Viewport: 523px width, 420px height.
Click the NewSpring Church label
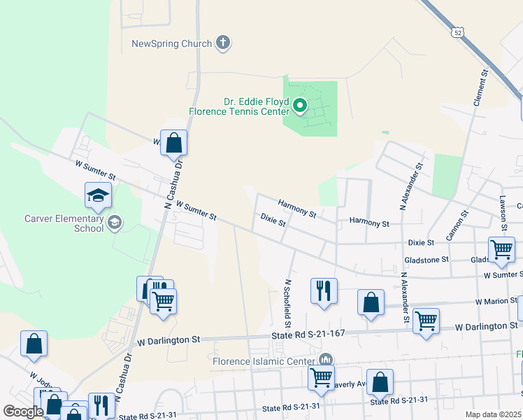click(x=171, y=44)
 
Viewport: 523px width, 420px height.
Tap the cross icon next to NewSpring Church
click(x=223, y=43)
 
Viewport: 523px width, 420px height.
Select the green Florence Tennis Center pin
click(x=300, y=106)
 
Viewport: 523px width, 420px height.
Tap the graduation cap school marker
click(x=98, y=197)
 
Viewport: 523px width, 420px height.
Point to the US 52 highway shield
click(x=457, y=32)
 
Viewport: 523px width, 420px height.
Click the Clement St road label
click(x=480, y=87)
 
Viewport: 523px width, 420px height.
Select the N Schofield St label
click(x=287, y=304)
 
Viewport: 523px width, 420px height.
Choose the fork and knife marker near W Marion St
click(x=324, y=290)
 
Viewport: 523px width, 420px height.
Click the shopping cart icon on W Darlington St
click(x=426, y=321)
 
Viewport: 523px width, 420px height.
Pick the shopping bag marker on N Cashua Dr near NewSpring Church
click(x=174, y=143)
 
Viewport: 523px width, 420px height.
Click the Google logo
click(x=23, y=412)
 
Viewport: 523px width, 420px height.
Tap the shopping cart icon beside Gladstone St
click(x=502, y=250)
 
